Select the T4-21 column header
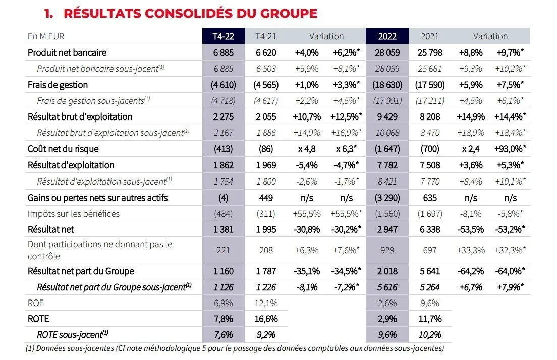pos(266,36)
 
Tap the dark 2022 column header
pos(387,36)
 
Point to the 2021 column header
pos(429,36)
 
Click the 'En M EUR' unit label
pos(46,36)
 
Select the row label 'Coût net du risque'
pos(63,149)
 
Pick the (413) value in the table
pos(224,149)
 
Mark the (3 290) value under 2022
pos(387,198)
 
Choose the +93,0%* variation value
pos(509,149)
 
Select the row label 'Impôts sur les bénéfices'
pos(74,214)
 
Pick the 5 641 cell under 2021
pos(429,271)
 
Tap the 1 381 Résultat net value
pos(224,229)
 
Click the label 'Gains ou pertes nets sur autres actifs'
pos(98,198)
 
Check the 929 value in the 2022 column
pos(387,250)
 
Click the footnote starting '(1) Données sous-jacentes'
pos(235,348)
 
